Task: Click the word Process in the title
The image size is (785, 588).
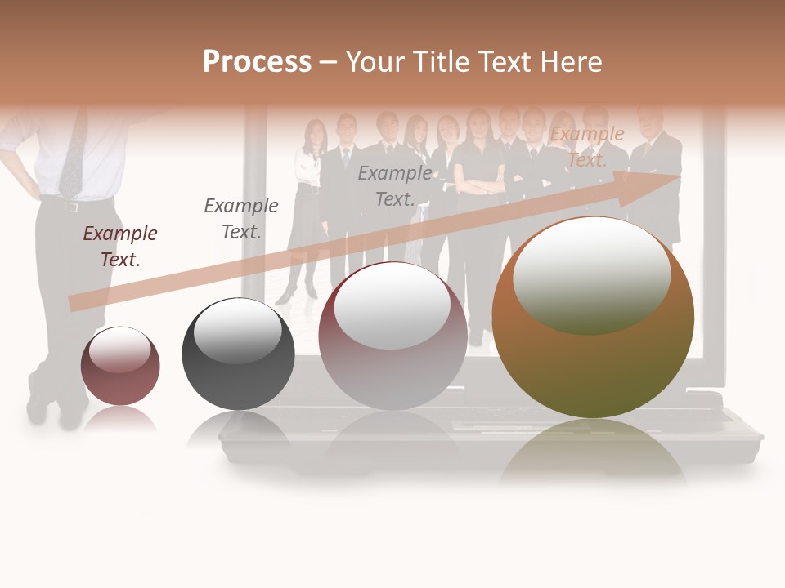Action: pos(257,62)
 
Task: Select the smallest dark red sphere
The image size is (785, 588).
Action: pos(120,366)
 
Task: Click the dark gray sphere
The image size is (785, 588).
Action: pos(238,354)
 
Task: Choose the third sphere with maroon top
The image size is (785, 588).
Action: pos(392,336)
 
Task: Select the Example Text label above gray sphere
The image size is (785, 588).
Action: pos(240,218)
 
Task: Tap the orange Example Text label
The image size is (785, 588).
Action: pos(587,147)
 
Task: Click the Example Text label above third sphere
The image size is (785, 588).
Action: pos(395,185)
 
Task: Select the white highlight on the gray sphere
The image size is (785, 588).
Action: pos(238,330)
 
